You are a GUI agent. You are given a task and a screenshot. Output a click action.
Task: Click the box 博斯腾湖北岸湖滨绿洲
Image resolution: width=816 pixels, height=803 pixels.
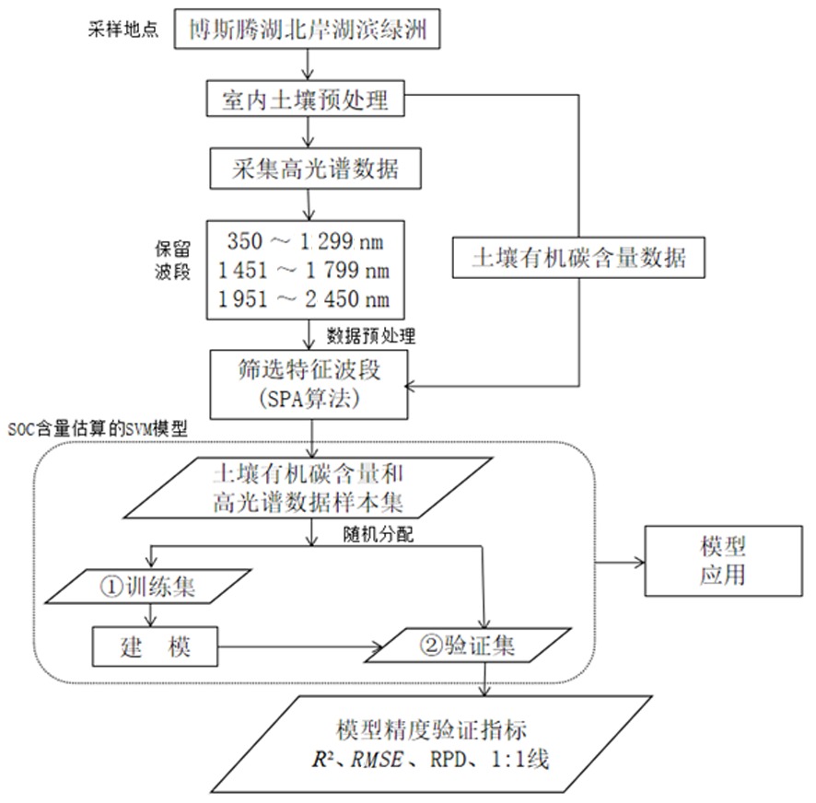tap(307, 29)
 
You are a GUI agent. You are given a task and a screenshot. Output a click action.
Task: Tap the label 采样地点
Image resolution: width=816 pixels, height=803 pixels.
tap(122, 29)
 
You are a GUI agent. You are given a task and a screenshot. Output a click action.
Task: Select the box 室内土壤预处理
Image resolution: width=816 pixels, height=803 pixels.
tap(306, 99)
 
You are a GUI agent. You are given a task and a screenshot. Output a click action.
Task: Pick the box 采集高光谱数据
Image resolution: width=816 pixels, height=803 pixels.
tap(315, 169)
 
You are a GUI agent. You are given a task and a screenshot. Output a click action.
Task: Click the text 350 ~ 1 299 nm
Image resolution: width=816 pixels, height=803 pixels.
tap(305, 241)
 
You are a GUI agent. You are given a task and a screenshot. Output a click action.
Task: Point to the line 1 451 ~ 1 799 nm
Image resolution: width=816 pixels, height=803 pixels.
tap(304, 270)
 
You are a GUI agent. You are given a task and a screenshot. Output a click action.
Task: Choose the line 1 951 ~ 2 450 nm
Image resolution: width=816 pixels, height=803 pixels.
tap(304, 298)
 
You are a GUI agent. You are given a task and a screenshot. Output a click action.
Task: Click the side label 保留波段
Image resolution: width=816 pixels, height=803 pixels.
tap(173, 261)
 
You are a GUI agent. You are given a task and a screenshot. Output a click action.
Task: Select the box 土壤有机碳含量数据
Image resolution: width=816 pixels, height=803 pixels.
tap(578, 258)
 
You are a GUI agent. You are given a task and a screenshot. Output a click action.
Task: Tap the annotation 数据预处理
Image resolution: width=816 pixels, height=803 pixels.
tap(371, 336)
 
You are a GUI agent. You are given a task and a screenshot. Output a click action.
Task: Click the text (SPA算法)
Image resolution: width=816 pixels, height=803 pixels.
tap(309, 399)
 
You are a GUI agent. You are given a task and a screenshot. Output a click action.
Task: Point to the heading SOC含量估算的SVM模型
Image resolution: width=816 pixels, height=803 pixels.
tap(98, 429)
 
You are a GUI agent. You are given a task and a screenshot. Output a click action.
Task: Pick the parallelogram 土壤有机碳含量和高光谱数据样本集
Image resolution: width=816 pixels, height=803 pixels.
tap(309, 488)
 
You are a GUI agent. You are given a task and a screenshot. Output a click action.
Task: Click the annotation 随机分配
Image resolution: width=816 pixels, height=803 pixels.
tap(379, 534)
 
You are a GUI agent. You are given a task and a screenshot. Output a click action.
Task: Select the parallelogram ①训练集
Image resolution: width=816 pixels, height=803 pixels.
tap(148, 587)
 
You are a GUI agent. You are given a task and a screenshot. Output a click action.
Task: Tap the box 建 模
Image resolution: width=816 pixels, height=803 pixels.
tap(155, 646)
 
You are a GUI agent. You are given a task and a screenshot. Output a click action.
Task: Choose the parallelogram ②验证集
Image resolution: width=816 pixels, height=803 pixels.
tap(468, 646)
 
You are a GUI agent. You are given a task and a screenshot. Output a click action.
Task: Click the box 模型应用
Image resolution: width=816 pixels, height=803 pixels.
tap(723, 561)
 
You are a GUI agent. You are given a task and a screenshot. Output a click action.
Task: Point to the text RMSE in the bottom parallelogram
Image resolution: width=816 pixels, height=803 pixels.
tap(378, 760)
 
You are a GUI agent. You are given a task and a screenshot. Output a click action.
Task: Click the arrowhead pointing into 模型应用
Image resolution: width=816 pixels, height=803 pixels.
tap(639, 562)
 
